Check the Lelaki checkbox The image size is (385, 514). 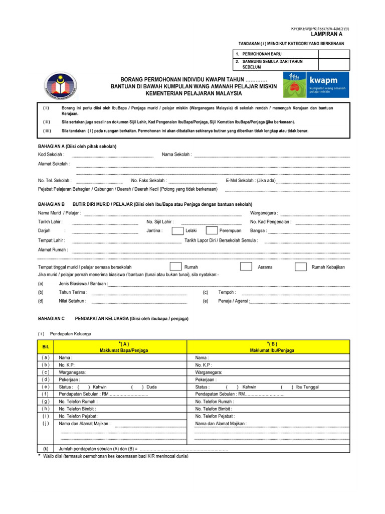coord(177,231)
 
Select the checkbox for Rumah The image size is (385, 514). coord(175,267)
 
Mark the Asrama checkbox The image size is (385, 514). coord(246,267)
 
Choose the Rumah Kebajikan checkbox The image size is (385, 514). coord(300,267)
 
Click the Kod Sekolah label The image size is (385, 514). coord(51,155)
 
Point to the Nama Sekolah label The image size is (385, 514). coord(176,155)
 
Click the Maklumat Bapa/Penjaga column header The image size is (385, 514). coord(120,350)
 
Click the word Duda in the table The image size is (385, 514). coord(151,387)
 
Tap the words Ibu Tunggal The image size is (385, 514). coord(307,387)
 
